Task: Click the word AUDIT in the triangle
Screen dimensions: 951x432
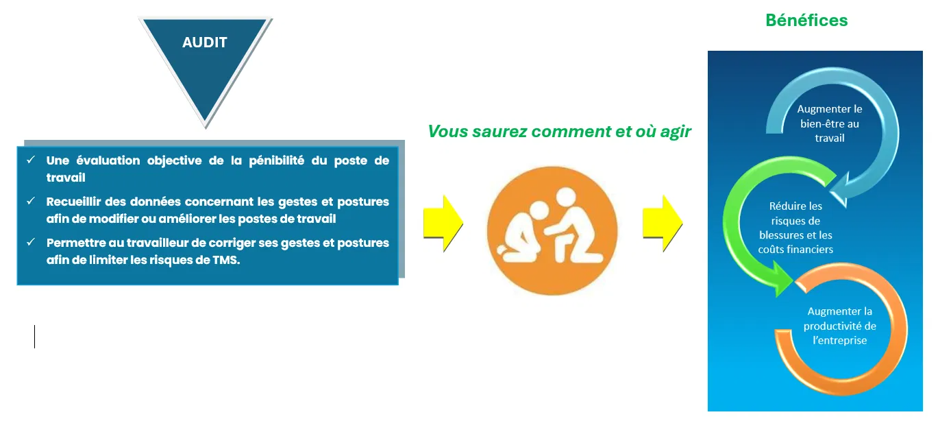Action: [x=205, y=43]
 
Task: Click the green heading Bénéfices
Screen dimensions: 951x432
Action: [x=806, y=21]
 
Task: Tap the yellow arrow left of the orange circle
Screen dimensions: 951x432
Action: [x=443, y=224]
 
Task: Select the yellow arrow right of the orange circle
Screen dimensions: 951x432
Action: [x=663, y=224]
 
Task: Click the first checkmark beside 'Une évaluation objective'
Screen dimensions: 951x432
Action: [x=31, y=160]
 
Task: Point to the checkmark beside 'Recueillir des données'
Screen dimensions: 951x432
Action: [x=31, y=201]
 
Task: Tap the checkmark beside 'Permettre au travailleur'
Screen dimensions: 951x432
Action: [x=31, y=242]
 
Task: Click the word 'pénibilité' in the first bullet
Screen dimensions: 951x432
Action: [x=276, y=160]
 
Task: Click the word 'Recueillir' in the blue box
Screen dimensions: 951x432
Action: [x=74, y=202]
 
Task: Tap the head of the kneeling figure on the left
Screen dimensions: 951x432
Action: [x=539, y=211]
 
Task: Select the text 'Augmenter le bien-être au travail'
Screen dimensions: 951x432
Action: [x=830, y=123]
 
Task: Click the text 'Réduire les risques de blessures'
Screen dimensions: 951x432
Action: [x=795, y=221]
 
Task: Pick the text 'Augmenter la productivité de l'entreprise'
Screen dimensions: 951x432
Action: [x=839, y=326]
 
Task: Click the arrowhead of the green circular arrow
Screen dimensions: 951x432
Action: [x=782, y=280]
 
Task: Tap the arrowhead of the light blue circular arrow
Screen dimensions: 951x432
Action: [x=840, y=189]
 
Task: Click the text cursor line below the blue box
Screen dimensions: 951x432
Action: [x=34, y=337]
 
